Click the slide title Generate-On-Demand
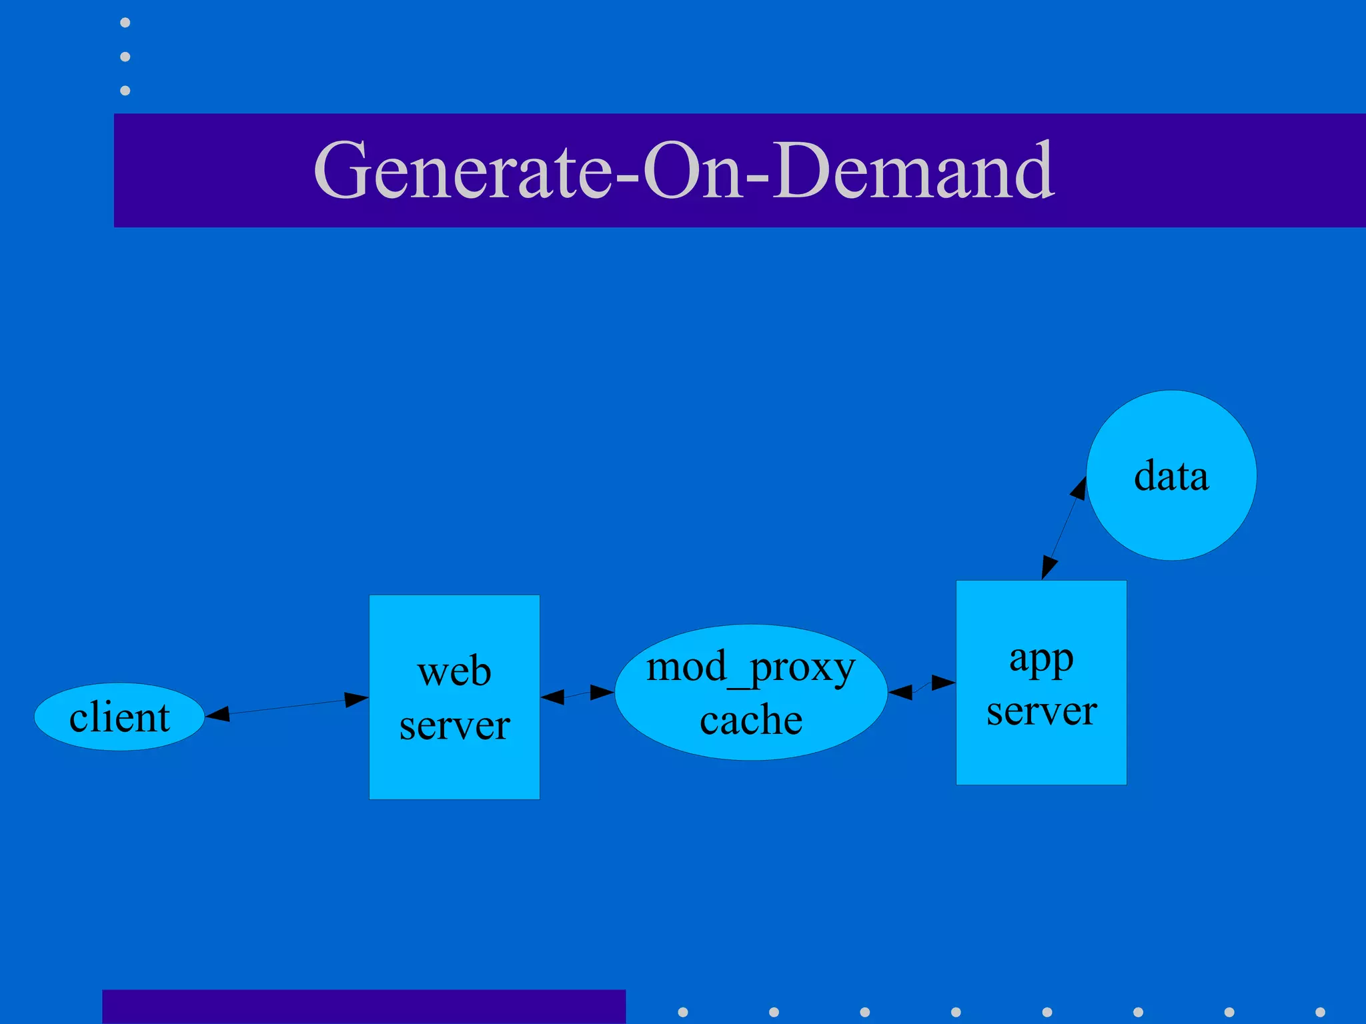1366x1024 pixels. [x=684, y=170]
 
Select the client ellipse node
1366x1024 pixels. [x=119, y=717]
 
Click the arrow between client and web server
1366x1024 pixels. [x=287, y=707]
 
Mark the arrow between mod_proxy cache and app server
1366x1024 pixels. [x=922, y=687]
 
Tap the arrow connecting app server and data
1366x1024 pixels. [x=1064, y=527]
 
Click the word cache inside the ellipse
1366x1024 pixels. [x=750, y=720]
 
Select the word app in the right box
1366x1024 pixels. [x=1041, y=660]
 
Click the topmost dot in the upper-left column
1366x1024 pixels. [x=125, y=23]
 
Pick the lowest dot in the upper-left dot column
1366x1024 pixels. [x=125, y=90]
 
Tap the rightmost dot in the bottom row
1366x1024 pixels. [x=1320, y=1012]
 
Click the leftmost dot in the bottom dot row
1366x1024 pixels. [x=682, y=1012]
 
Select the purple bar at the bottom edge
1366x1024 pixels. [x=364, y=1007]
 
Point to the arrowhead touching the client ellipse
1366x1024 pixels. [x=217, y=715]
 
